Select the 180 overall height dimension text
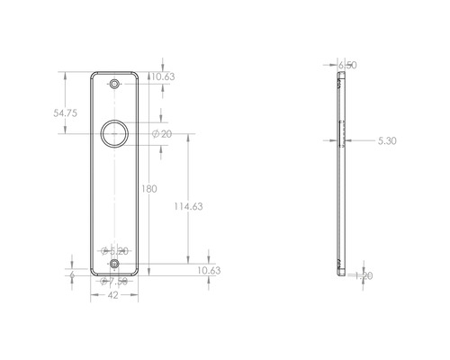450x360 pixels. click(149, 189)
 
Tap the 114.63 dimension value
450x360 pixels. click(186, 206)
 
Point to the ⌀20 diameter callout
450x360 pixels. click(163, 133)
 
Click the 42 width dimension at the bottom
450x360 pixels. click(113, 294)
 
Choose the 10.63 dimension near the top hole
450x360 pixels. click(163, 77)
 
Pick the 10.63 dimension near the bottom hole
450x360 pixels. click(208, 270)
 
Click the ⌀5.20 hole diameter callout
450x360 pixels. click(115, 250)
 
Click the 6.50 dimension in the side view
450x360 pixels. click(347, 65)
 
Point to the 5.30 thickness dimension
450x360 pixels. click(386, 140)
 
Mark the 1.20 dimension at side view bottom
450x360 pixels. click(364, 276)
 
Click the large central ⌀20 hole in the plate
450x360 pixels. click(113, 134)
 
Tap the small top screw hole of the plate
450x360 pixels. click(113, 84)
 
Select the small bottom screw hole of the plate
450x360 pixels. click(113, 265)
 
